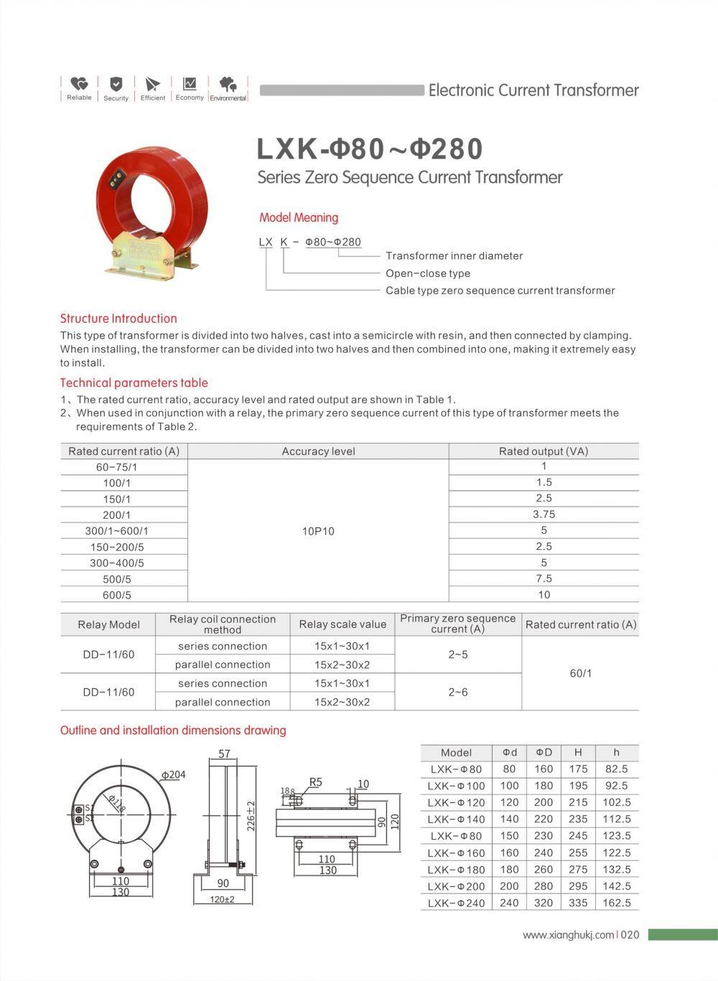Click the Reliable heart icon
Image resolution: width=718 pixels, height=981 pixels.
pos(79,84)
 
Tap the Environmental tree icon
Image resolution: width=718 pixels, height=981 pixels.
pos(228,84)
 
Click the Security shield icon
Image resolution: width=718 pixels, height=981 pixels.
pos(116,84)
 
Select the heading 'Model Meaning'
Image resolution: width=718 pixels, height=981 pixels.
pos(299,217)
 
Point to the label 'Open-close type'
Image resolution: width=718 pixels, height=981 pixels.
pos(428,273)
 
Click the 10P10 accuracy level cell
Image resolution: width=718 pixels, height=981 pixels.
pos(318,531)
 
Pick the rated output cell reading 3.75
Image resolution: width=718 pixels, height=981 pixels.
pos(544,515)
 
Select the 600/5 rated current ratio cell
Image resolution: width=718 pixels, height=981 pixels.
pos(117,595)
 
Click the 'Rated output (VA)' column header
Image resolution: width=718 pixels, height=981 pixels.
pos(544,451)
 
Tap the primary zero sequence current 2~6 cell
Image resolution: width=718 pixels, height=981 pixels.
pos(458,692)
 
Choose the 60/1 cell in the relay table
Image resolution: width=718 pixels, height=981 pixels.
pos(580,673)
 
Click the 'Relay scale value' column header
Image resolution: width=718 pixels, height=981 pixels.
pos(342,624)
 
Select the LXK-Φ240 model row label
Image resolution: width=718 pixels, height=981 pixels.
pos(456,903)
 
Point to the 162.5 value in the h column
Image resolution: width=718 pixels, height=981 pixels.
pos(617,903)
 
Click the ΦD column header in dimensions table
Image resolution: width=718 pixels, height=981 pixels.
pos(544,752)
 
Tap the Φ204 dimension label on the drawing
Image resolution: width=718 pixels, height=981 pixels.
pos(173,775)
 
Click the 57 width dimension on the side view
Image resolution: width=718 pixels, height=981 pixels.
pos(224,754)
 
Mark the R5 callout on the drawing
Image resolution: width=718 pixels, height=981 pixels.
pos(316,781)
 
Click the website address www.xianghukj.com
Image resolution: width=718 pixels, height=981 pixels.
pos(569,934)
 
